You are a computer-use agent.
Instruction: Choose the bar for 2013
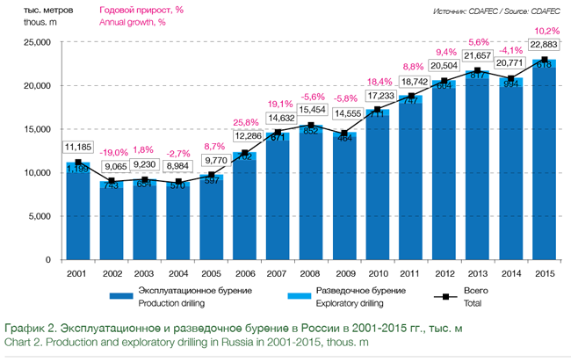tap(477, 167)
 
